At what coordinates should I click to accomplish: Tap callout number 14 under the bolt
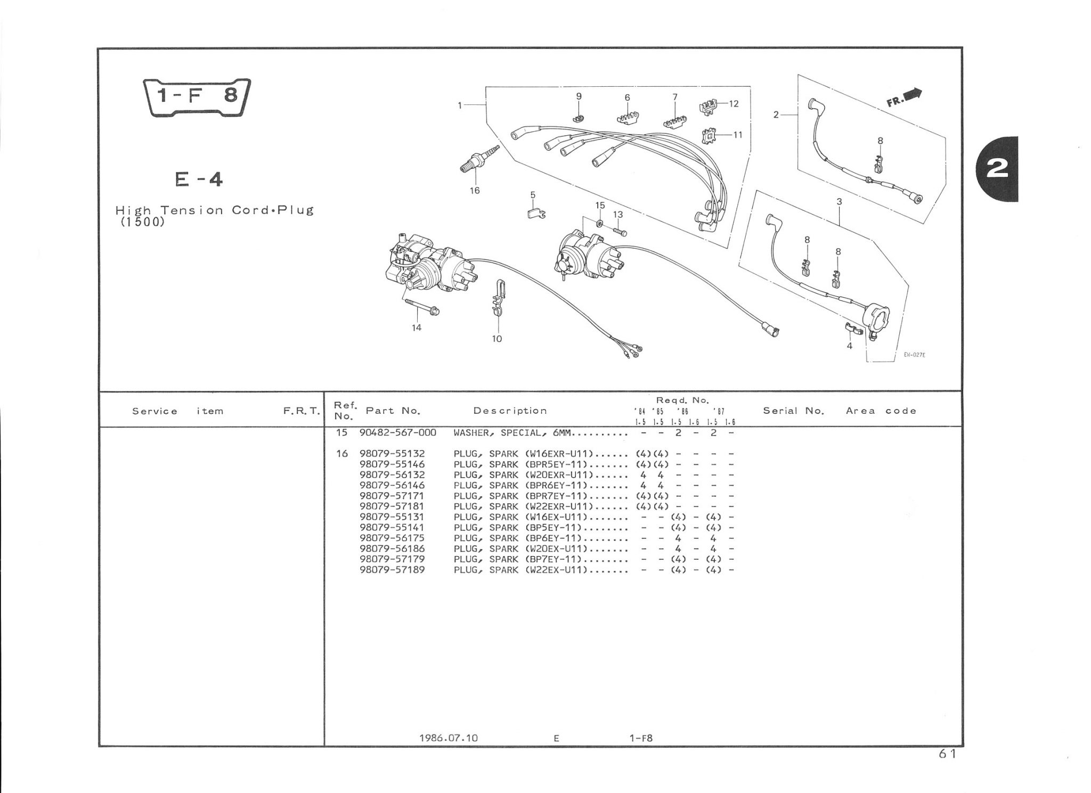pyautogui.click(x=417, y=328)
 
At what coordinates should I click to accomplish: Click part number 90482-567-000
pyautogui.click(x=397, y=433)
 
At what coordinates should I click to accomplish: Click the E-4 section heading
pyautogui.click(x=199, y=180)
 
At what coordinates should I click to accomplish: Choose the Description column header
pyautogui.click(x=510, y=411)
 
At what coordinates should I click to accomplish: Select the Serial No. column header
pyautogui.click(x=793, y=411)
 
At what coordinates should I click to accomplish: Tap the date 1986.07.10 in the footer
pyautogui.click(x=449, y=738)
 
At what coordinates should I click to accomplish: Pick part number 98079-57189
pyautogui.click(x=392, y=570)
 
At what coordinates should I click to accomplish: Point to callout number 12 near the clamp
pyautogui.click(x=734, y=104)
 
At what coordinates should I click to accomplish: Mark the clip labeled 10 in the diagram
pyautogui.click(x=498, y=304)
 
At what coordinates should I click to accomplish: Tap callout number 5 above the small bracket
pyautogui.click(x=533, y=195)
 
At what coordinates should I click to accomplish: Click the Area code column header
pyautogui.click(x=881, y=411)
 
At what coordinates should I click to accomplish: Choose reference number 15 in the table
pyautogui.click(x=341, y=433)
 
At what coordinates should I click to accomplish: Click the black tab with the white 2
pyautogui.click(x=997, y=169)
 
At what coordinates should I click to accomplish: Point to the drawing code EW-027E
pyautogui.click(x=914, y=355)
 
